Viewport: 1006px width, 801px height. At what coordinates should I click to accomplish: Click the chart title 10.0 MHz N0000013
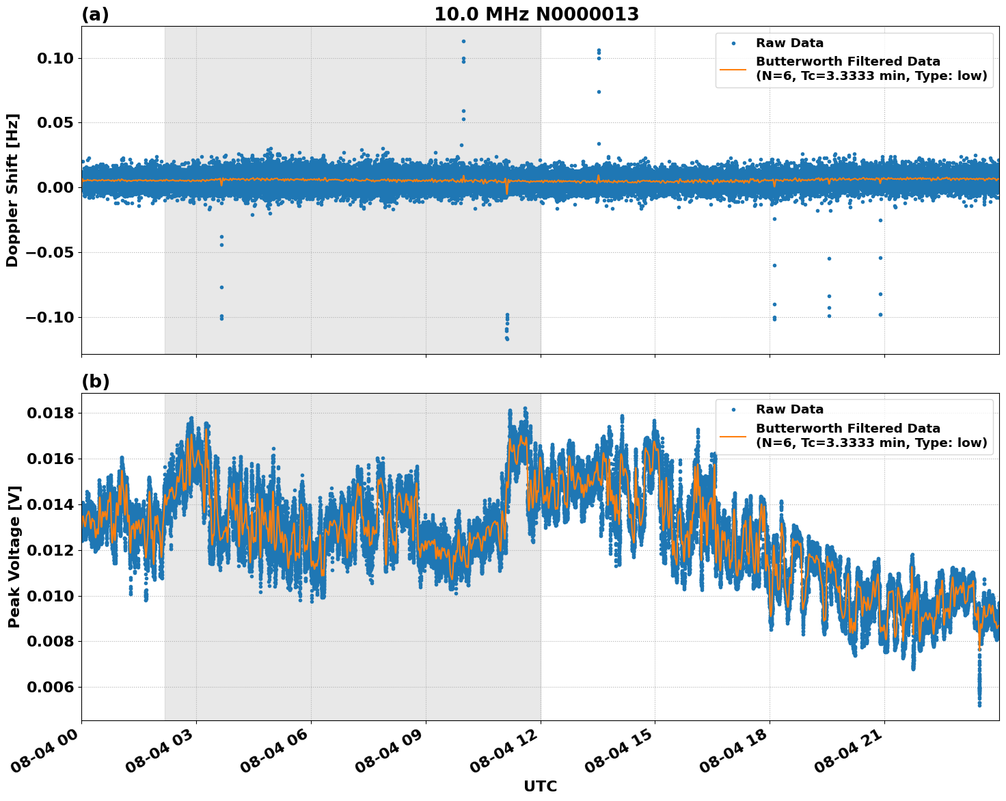click(x=536, y=14)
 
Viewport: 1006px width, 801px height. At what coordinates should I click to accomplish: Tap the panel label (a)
click(x=95, y=14)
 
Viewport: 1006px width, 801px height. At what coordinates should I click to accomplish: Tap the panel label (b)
click(x=95, y=381)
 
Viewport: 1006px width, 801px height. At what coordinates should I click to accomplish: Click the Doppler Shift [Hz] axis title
click(x=12, y=190)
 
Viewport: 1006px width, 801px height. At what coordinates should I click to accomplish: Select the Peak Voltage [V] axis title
click(x=14, y=556)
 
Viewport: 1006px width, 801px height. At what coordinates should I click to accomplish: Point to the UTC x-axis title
click(x=540, y=786)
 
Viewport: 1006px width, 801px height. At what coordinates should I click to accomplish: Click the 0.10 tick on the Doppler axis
click(x=55, y=59)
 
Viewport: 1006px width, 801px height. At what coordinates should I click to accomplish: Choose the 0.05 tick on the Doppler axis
click(x=55, y=123)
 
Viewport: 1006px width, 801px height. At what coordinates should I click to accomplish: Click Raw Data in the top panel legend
click(x=789, y=44)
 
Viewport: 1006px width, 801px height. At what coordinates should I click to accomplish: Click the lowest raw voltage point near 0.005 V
click(x=979, y=705)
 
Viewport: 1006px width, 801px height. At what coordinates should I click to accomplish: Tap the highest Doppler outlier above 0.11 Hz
click(x=463, y=41)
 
